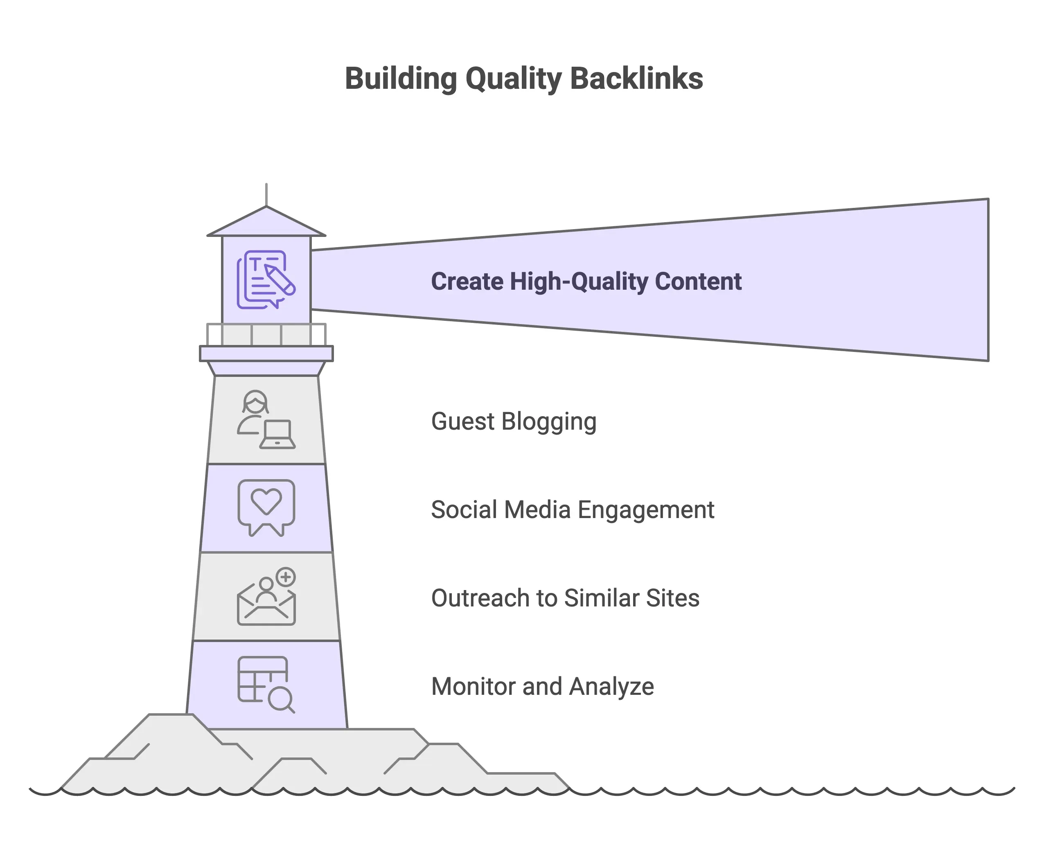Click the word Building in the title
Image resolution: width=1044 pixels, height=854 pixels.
tap(401, 79)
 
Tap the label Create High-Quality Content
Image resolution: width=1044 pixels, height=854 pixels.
tap(586, 282)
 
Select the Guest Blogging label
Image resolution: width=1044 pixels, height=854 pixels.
tap(513, 421)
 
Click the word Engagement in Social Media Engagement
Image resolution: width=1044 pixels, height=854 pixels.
tap(645, 509)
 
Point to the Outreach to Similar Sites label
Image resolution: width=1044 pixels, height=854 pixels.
tap(565, 598)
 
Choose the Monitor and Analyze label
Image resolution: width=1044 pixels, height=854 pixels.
tap(542, 686)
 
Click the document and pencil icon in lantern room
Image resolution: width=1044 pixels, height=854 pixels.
tap(266, 279)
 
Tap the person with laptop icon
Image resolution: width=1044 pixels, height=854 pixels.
tap(266, 419)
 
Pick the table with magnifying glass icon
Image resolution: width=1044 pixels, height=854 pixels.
tap(266, 684)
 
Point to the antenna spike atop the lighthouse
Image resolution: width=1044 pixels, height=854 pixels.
tap(266, 195)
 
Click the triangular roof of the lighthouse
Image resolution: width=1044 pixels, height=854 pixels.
tap(266, 224)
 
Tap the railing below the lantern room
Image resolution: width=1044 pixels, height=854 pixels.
tap(266, 334)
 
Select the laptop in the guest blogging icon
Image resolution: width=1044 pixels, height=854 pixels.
tap(277, 435)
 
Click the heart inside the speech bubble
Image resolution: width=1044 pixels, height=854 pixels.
tap(266, 501)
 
